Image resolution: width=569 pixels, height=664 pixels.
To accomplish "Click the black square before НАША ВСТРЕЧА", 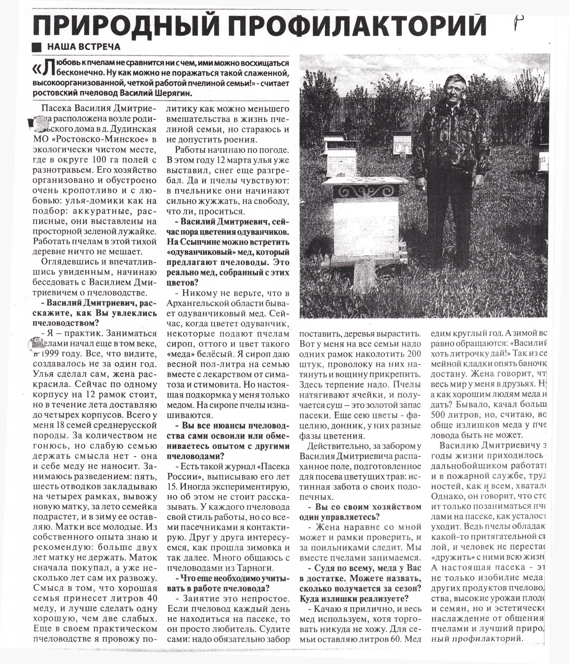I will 37,47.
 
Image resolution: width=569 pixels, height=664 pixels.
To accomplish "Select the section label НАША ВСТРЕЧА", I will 84,47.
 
